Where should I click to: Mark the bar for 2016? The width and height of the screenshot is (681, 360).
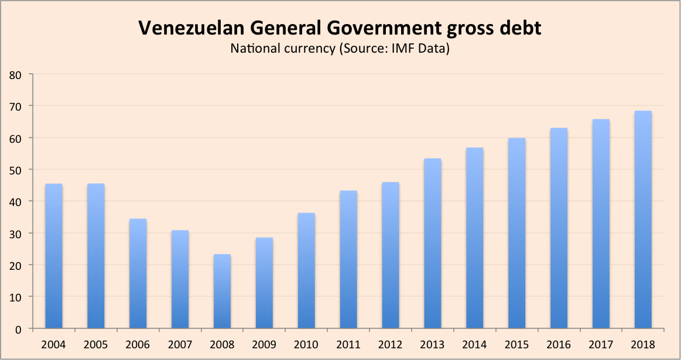(559, 228)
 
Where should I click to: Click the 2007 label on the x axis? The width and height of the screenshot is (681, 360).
(180, 344)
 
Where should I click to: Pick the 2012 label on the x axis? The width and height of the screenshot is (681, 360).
(391, 344)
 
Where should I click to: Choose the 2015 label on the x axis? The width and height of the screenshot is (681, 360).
(517, 344)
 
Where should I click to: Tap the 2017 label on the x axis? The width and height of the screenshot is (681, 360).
(601, 344)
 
